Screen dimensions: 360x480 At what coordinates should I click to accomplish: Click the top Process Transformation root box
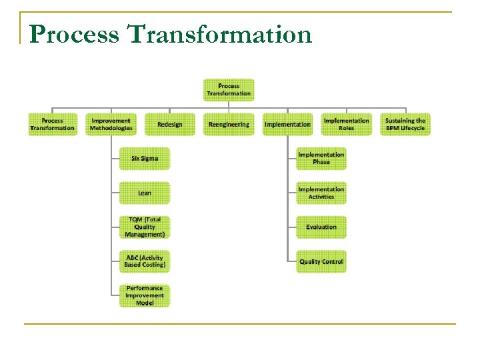coord(229,90)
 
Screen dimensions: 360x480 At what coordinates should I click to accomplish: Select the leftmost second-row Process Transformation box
coord(52,125)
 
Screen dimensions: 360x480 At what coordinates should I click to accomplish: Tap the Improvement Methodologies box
coord(111,125)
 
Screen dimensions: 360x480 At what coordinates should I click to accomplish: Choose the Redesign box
coord(170,125)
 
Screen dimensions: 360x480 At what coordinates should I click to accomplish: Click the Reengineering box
coord(229,125)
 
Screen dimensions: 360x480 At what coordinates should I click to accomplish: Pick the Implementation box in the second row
coord(287,125)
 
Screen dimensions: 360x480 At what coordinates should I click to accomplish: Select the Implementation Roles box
coord(346,125)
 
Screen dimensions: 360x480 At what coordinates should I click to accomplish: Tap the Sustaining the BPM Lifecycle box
coord(405,125)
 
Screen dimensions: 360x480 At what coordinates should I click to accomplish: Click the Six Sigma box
coord(145,159)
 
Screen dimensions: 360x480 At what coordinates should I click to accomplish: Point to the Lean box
coord(145,193)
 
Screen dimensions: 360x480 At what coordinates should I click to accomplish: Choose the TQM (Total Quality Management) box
coord(145,227)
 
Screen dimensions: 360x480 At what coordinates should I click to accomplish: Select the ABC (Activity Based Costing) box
coord(145,261)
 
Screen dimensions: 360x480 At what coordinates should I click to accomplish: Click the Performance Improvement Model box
coord(145,296)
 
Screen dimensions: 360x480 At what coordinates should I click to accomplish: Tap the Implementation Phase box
coord(321,159)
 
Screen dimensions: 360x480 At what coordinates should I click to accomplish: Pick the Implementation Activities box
coord(321,193)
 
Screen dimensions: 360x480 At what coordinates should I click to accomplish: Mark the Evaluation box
coord(321,227)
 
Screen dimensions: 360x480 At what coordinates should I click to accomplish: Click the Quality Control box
coord(321,261)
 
